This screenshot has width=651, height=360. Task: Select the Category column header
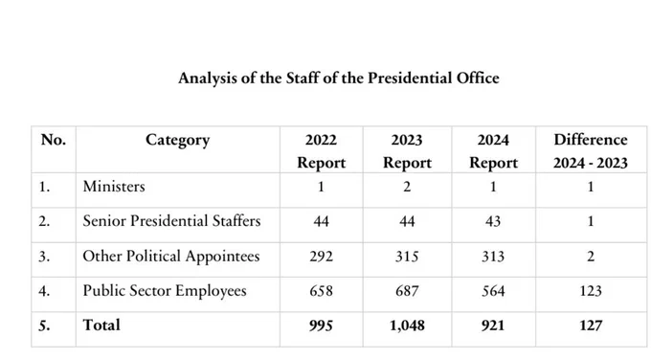tap(178, 141)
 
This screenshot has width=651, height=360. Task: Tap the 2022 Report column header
tap(322, 151)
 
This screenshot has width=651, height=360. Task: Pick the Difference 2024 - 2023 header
tap(591, 151)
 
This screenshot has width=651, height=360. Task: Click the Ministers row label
tap(114, 187)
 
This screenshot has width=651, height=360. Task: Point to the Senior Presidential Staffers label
tap(171, 221)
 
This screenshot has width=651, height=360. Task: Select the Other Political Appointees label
tap(171, 257)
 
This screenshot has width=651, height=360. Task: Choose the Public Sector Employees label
tap(165, 291)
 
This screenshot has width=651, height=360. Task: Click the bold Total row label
tap(101, 325)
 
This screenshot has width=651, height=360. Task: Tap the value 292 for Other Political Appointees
tap(322, 257)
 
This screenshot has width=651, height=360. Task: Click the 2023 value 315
tap(407, 257)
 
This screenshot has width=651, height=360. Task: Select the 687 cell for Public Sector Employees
tap(407, 291)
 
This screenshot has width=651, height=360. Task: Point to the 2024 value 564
tap(493, 291)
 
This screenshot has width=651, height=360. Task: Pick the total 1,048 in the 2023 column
tap(407, 326)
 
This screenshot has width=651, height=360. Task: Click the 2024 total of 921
tap(493, 326)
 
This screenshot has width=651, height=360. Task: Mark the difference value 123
tap(591, 291)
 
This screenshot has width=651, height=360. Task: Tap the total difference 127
tap(591, 326)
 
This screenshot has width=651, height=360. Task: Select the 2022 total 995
tap(322, 326)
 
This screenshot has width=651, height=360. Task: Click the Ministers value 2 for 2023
tap(407, 187)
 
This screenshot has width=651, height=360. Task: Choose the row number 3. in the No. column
tap(44, 257)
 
